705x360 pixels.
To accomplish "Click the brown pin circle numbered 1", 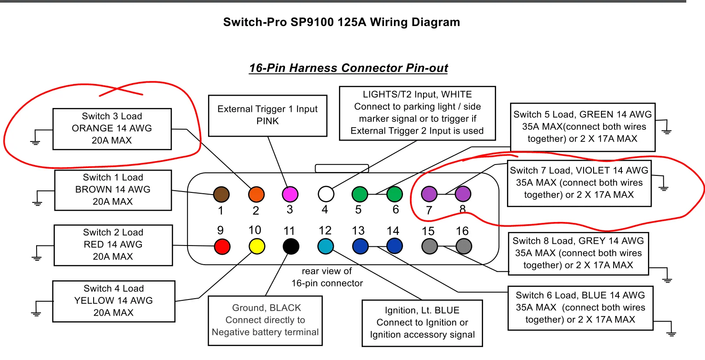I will [221, 195].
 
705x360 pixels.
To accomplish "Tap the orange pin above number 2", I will [256, 195].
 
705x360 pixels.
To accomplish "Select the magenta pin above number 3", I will [290, 194].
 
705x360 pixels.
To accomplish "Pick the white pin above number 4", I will [326, 194].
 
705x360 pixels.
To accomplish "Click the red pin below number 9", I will [222, 247].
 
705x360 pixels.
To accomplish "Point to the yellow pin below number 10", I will [257, 247].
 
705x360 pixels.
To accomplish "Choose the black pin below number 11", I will [291, 247].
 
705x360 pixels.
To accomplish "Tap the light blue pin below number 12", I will [326, 246].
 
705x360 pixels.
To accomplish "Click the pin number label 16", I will [462, 231].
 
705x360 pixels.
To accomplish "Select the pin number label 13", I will [358, 231].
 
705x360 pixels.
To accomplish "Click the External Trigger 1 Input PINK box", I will [268, 115].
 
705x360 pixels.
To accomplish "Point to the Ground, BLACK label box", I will [265, 320].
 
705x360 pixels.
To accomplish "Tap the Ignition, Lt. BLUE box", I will [422, 323].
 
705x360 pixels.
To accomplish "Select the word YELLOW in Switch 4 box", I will [94, 301].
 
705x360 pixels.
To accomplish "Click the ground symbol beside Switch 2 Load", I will [37, 258].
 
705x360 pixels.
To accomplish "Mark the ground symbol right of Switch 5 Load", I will [666, 131].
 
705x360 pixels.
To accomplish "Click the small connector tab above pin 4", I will [342, 168].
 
